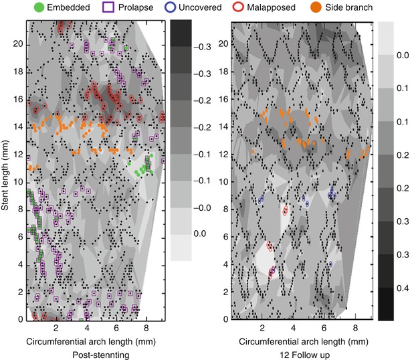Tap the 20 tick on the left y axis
point(19,43)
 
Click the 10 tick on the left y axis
point(19,181)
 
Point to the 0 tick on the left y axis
point(21,319)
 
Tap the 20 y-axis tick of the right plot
point(223,43)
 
